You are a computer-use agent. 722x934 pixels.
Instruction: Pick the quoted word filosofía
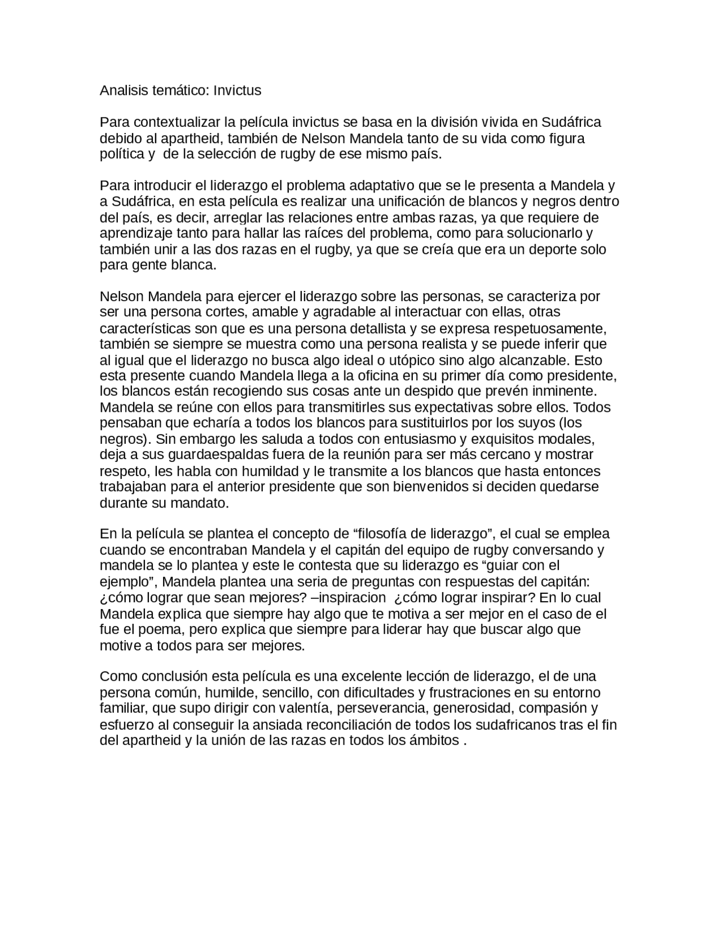click(384, 534)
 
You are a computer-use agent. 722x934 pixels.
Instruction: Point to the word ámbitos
click(438, 741)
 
